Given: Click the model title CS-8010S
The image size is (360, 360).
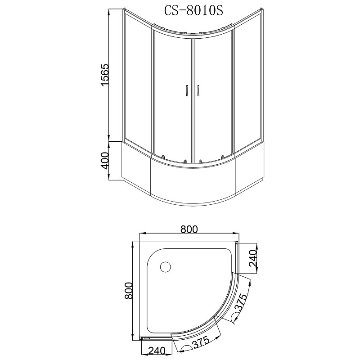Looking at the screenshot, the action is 193,10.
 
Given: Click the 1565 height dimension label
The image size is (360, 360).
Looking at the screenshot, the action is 105,75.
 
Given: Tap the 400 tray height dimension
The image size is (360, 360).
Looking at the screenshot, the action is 105,161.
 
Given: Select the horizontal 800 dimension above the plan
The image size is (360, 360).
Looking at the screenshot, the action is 189,229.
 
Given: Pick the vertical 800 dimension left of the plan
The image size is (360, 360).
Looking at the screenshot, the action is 129,290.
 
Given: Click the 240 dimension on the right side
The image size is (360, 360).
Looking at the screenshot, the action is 253,258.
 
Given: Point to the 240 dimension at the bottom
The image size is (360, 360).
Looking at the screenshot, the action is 157,351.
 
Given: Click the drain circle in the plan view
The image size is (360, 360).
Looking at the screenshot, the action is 165,267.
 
